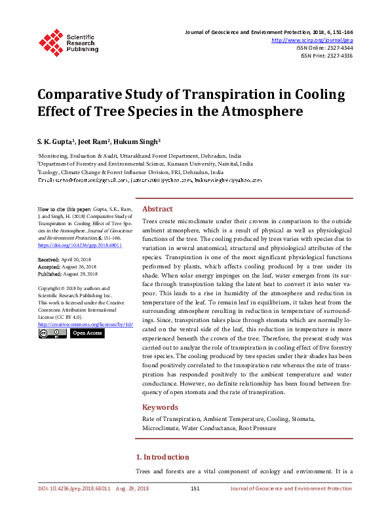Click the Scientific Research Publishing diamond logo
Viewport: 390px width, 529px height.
tap(50, 42)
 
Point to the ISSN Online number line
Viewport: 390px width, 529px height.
tap(324, 48)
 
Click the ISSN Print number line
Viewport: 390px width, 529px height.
tap(326, 56)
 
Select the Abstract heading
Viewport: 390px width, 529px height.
tap(157, 208)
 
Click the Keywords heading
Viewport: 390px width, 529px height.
tap(161, 407)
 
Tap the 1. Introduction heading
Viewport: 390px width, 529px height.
tap(162, 456)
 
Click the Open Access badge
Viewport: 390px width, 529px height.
tap(87, 333)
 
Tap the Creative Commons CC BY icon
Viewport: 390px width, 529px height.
tap(52, 333)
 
